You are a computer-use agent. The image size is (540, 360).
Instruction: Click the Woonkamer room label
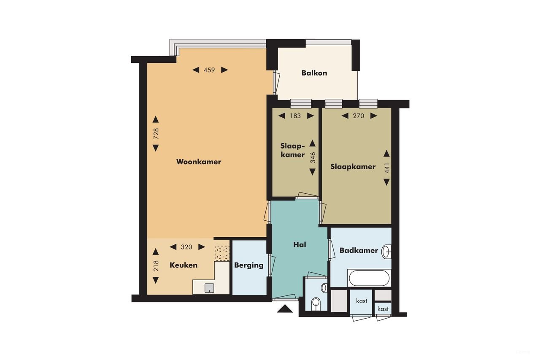coord(199,162)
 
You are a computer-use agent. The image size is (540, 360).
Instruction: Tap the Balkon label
coord(314,73)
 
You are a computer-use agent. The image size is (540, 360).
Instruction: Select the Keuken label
coord(184,265)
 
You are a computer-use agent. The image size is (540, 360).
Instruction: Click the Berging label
coord(249,265)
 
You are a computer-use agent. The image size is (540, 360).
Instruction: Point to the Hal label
coord(300,244)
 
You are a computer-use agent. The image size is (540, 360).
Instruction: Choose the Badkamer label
coord(359,250)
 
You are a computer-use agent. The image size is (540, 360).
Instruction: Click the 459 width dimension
coord(210,70)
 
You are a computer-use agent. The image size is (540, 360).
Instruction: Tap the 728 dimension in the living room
coord(156,133)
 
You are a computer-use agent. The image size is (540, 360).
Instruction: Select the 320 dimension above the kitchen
coord(186,247)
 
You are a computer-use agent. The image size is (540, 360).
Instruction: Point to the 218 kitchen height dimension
coord(156,265)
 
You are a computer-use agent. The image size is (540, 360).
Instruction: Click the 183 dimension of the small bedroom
coord(295,116)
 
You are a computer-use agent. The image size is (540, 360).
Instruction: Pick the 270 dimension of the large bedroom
coord(359,116)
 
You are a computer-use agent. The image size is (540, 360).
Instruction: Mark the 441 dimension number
coord(386,168)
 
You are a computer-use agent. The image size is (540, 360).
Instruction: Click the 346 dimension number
coord(313,157)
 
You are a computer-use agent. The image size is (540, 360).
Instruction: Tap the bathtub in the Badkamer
coord(369,278)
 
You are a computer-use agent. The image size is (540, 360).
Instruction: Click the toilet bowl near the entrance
coord(315,303)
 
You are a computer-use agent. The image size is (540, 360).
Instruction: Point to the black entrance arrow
coord(285,309)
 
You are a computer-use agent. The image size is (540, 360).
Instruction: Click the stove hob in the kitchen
coord(222,253)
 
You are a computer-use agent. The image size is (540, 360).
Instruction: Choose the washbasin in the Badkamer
coord(386,252)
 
